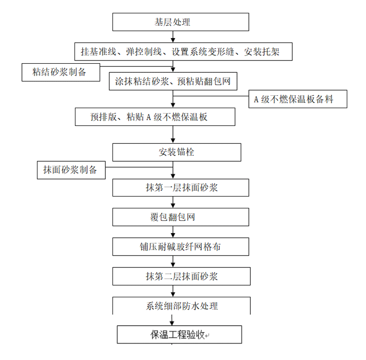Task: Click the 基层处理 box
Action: (x=181, y=22)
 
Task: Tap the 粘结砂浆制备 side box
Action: (x=60, y=72)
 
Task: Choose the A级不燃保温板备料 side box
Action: (x=297, y=99)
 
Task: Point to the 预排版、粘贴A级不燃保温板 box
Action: (x=155, y=116)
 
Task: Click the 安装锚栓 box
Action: (x=177, y=152)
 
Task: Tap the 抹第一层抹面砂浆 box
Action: (x=181, y=188)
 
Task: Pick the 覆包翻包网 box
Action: (x=181, y=217)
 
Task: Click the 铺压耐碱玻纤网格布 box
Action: (x=181, y=246)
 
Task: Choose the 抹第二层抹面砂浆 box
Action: (x=181, y=276)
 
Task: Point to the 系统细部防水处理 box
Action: (x=181, y=305)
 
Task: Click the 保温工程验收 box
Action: (x=179, y=334)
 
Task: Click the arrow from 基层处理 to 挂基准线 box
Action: (x=173, y=37)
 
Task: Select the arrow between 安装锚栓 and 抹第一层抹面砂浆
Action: (x=173, y=170)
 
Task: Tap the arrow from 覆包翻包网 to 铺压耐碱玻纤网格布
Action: (x=173, y=232)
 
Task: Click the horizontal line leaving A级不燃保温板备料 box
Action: (x=211, y=96)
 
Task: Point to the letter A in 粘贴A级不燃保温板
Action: (x=149, y=117)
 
